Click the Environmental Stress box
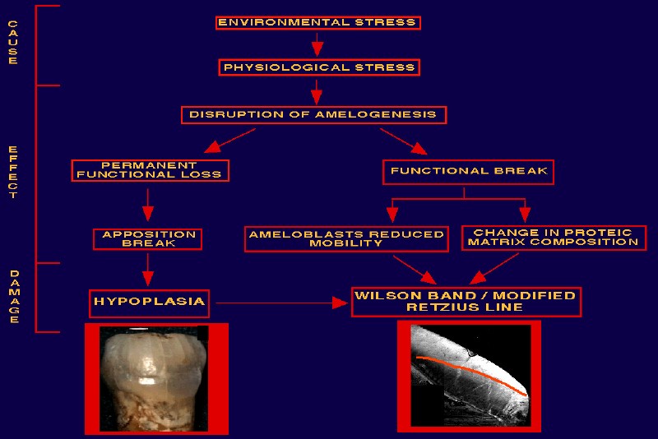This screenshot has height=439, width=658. [x=318, y=23]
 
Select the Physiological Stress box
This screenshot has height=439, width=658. [x=319, y=67]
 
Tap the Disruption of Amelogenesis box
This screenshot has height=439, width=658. [x=313, y=115]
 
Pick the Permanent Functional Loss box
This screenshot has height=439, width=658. [x=150, y=170]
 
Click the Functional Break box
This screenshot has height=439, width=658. [x=468, y=172]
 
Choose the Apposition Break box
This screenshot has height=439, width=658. [x=147, y=239]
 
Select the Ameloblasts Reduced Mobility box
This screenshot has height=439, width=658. [x=346, y=239]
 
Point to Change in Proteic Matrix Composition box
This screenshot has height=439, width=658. [x=554, y=238]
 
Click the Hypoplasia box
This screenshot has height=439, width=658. [x=149, y=303]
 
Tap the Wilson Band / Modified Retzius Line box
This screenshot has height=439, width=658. [x=466, y=302]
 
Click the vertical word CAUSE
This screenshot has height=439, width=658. [x=13, y=42]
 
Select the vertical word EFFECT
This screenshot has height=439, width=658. [x=13, y=172]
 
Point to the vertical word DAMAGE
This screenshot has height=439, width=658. [x=14, y=297]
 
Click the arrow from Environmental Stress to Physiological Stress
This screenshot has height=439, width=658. [x=317, y=44]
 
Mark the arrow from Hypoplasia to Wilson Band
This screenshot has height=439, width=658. [x=282, y=303]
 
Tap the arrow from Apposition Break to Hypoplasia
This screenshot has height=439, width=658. [x=148, y=270]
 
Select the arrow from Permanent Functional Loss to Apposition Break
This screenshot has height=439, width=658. [x=148, y=205]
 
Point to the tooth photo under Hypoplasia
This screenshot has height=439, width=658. [x=154, y=379]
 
